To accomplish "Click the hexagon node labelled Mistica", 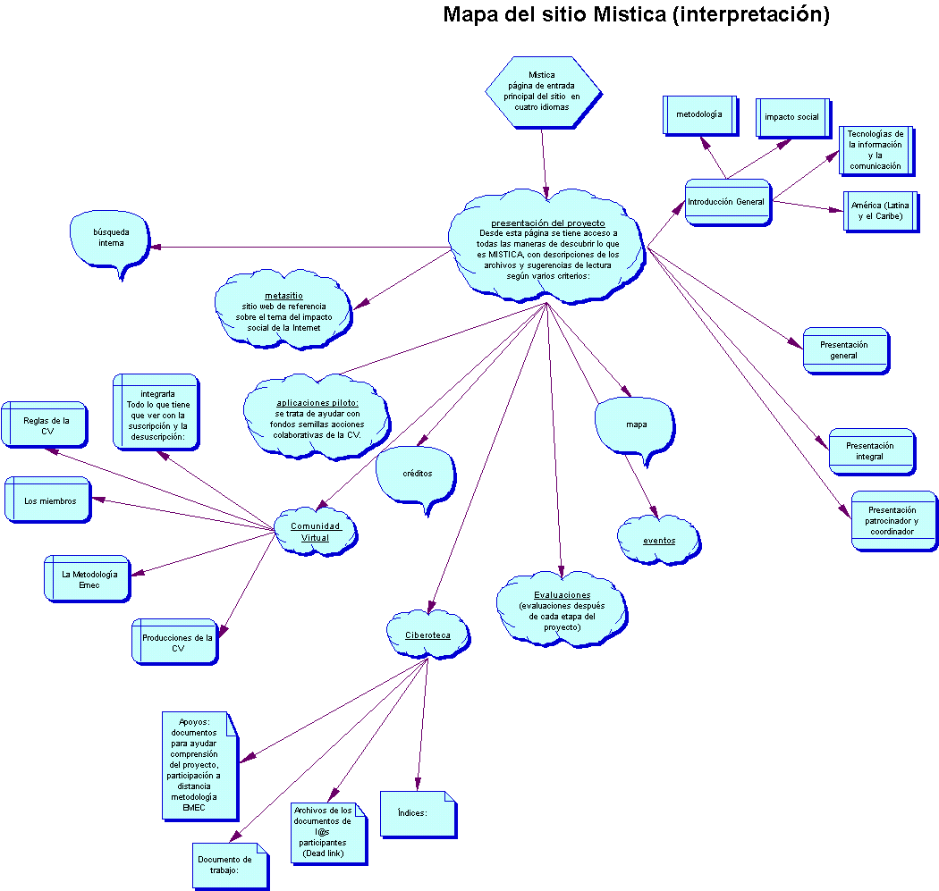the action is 543,92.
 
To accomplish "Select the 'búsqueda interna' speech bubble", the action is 110,240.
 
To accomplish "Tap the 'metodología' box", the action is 700,115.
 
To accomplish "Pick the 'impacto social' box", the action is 793,118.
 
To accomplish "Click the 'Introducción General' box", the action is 728,202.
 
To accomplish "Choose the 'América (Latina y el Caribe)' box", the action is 881,212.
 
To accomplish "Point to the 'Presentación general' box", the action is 846,350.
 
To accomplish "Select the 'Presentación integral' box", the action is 872,452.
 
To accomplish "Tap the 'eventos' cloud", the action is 659,541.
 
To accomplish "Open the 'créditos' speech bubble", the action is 416,474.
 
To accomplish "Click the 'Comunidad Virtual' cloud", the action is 316,532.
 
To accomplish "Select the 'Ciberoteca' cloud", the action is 428,635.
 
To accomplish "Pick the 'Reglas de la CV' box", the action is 45,424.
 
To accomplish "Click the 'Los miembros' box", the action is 48,500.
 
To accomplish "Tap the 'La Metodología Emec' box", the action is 88,578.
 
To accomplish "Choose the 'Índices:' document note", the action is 419,814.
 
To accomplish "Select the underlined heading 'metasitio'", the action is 283,296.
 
